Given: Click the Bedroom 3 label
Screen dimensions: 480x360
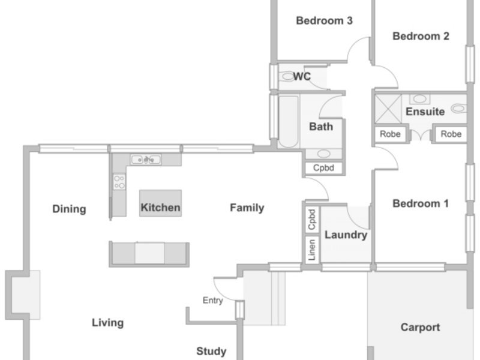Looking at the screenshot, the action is (x=324, y=21).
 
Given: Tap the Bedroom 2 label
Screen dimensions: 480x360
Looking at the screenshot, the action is (x=421, y=36).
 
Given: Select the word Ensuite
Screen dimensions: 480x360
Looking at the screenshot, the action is (x=425, y=112).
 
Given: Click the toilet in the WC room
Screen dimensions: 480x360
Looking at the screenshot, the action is (x=287, y=76).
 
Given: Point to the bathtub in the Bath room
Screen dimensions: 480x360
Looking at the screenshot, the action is (x=289, y=122).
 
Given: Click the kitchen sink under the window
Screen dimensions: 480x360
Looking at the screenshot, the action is (x=145, y=160).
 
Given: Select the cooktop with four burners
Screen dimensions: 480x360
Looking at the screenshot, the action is (x=119, y=182).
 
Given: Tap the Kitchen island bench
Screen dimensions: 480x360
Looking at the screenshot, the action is (x=160, y=203).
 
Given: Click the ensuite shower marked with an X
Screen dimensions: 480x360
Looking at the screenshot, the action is (x=388, y=109).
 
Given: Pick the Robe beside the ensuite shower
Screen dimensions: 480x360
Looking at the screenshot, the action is (x=391, y=134).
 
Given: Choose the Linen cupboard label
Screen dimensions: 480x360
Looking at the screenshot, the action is (x=312, y=250).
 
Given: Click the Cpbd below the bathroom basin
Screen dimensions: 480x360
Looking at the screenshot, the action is (x=323, y=168).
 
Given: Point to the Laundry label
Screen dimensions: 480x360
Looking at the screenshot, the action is (x=346, y=235).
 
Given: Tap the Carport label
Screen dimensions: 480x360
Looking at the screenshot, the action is (x=421, y=328).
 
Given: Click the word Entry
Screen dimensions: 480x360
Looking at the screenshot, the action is (x=213, y=301).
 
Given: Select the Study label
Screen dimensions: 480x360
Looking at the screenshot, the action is (x=211, y=352).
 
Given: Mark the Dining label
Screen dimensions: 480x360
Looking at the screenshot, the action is (x=69, y=209).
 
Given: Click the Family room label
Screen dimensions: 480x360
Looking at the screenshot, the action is (x=247, y=208).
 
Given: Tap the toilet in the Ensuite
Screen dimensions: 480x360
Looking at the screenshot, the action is (x=459, y=108).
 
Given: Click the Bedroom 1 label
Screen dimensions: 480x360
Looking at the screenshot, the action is (x=421, y=203).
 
